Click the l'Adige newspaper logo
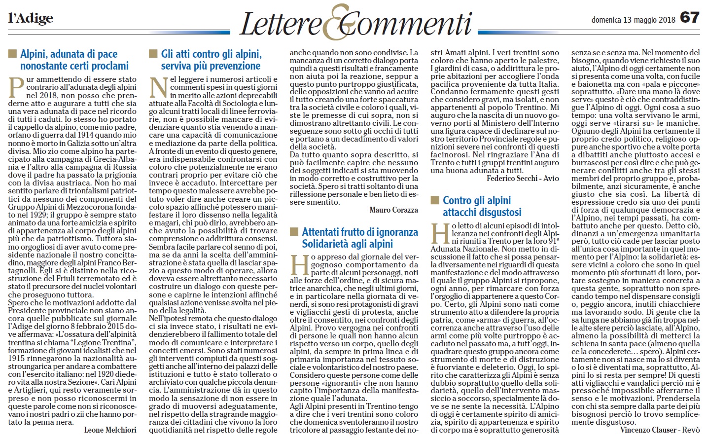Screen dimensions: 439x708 pos(31,19)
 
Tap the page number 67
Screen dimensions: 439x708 pos(689,18)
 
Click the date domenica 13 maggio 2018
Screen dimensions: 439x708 pos(633,20)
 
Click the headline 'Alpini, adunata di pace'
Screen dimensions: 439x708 pos(69,54)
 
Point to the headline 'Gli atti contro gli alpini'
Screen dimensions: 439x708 pos(211,54)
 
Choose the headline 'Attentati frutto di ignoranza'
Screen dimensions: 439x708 pos(359,232)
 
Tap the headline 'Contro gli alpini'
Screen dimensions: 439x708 pos(476,200)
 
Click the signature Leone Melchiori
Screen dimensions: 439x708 pos(110,430)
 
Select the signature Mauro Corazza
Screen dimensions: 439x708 pos(393,210)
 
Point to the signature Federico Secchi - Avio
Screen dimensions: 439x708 pos(523,178)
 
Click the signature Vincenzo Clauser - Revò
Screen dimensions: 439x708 pos(660,430)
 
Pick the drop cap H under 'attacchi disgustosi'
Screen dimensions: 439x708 pos(440,233)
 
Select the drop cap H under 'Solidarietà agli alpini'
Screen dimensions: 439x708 pos(299,265)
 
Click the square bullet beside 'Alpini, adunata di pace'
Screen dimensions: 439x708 pos(12,54)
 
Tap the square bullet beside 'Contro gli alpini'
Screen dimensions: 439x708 pos(434,200)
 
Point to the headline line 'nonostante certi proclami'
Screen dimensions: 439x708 pos(74,66)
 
